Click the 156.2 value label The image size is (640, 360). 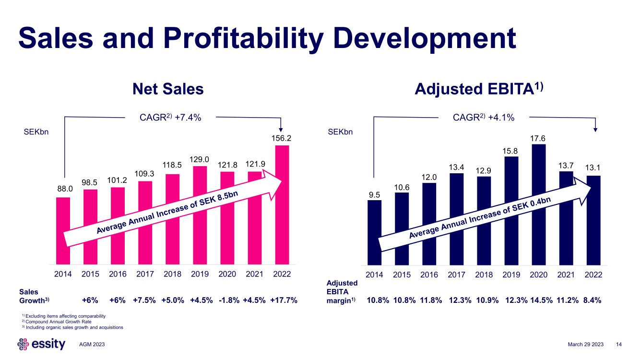tap(282, 138)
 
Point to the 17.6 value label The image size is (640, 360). tap(539, 138)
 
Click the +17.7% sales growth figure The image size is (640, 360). tap(284, 300)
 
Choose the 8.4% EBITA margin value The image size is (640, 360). tap(591, 300)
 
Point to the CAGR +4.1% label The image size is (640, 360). tap(484, 118)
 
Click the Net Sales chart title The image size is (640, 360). tap(168, 89)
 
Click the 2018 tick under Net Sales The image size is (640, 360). tap(172, 275)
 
